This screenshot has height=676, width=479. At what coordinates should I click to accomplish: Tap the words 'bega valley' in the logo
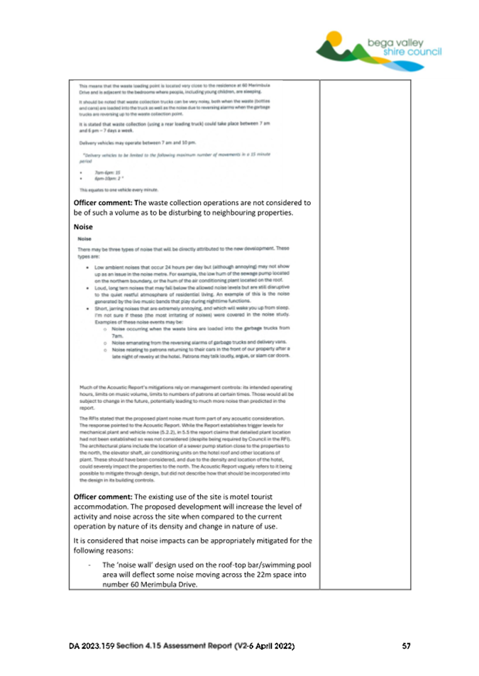pyautogui.click(x=392, y=41)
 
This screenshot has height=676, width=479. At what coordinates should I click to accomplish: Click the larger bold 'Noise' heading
pyautogui.click(x=84, y=228)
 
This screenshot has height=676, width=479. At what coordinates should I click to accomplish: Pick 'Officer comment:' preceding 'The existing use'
pyautogui.click(x=101, y=496)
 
